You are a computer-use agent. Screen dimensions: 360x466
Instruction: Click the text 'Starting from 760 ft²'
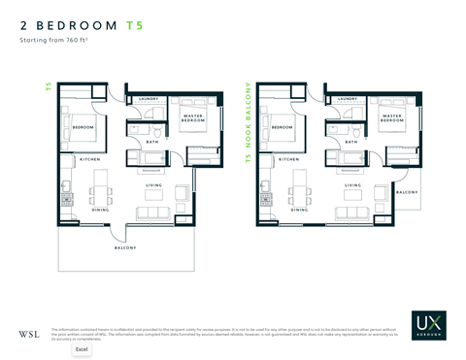coord(53,44)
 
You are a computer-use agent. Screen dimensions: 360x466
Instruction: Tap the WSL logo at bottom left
coord(28,334)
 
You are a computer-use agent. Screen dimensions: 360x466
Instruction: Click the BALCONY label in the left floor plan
coord(125,247)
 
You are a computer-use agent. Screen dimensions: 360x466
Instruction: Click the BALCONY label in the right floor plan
coord(407,192)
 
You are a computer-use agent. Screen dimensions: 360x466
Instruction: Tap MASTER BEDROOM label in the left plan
coord(192,118)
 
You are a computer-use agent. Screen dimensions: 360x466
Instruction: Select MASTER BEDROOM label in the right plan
coord(391,118)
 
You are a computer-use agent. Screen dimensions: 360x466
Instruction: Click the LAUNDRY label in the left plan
coord(149,99)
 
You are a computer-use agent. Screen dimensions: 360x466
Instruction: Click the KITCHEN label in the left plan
coord(90,158)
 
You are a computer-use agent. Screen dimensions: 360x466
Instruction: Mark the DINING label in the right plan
coord(299,210)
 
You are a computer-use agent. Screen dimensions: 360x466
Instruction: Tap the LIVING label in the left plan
coord(153,185)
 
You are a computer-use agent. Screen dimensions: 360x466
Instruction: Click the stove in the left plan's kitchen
coord(66,199)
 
